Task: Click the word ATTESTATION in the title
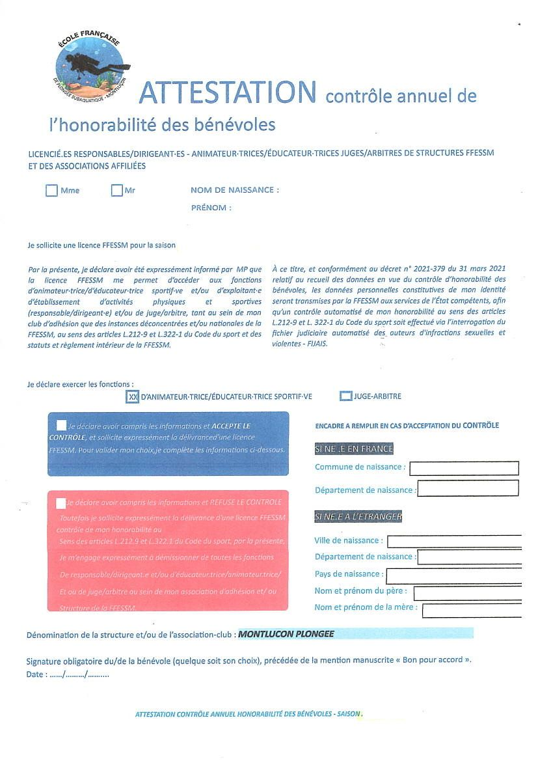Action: click(x=228, y=92)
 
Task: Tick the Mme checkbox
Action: click(x=52, y=191)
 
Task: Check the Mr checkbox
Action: click(x=117, y=191)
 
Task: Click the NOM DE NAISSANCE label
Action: click(x=234, y=190)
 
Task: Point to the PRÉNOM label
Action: click(x=211, y=208)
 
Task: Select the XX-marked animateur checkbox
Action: click(x=133, y=396)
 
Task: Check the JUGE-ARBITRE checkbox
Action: click(x=345, y=396)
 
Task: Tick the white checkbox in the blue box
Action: click(x=61, y=425)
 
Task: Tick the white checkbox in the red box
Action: click(x=61, y=503)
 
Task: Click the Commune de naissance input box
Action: click(x=464, y=468)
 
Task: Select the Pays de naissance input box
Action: click(x=453, y=575)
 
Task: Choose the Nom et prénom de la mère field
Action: click(x=472, y=610)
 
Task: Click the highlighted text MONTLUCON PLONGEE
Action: click(x=286, y=633)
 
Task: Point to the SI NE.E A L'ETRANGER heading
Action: click(x=358, y=517)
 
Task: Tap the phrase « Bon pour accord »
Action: click(x=433, y=660)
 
